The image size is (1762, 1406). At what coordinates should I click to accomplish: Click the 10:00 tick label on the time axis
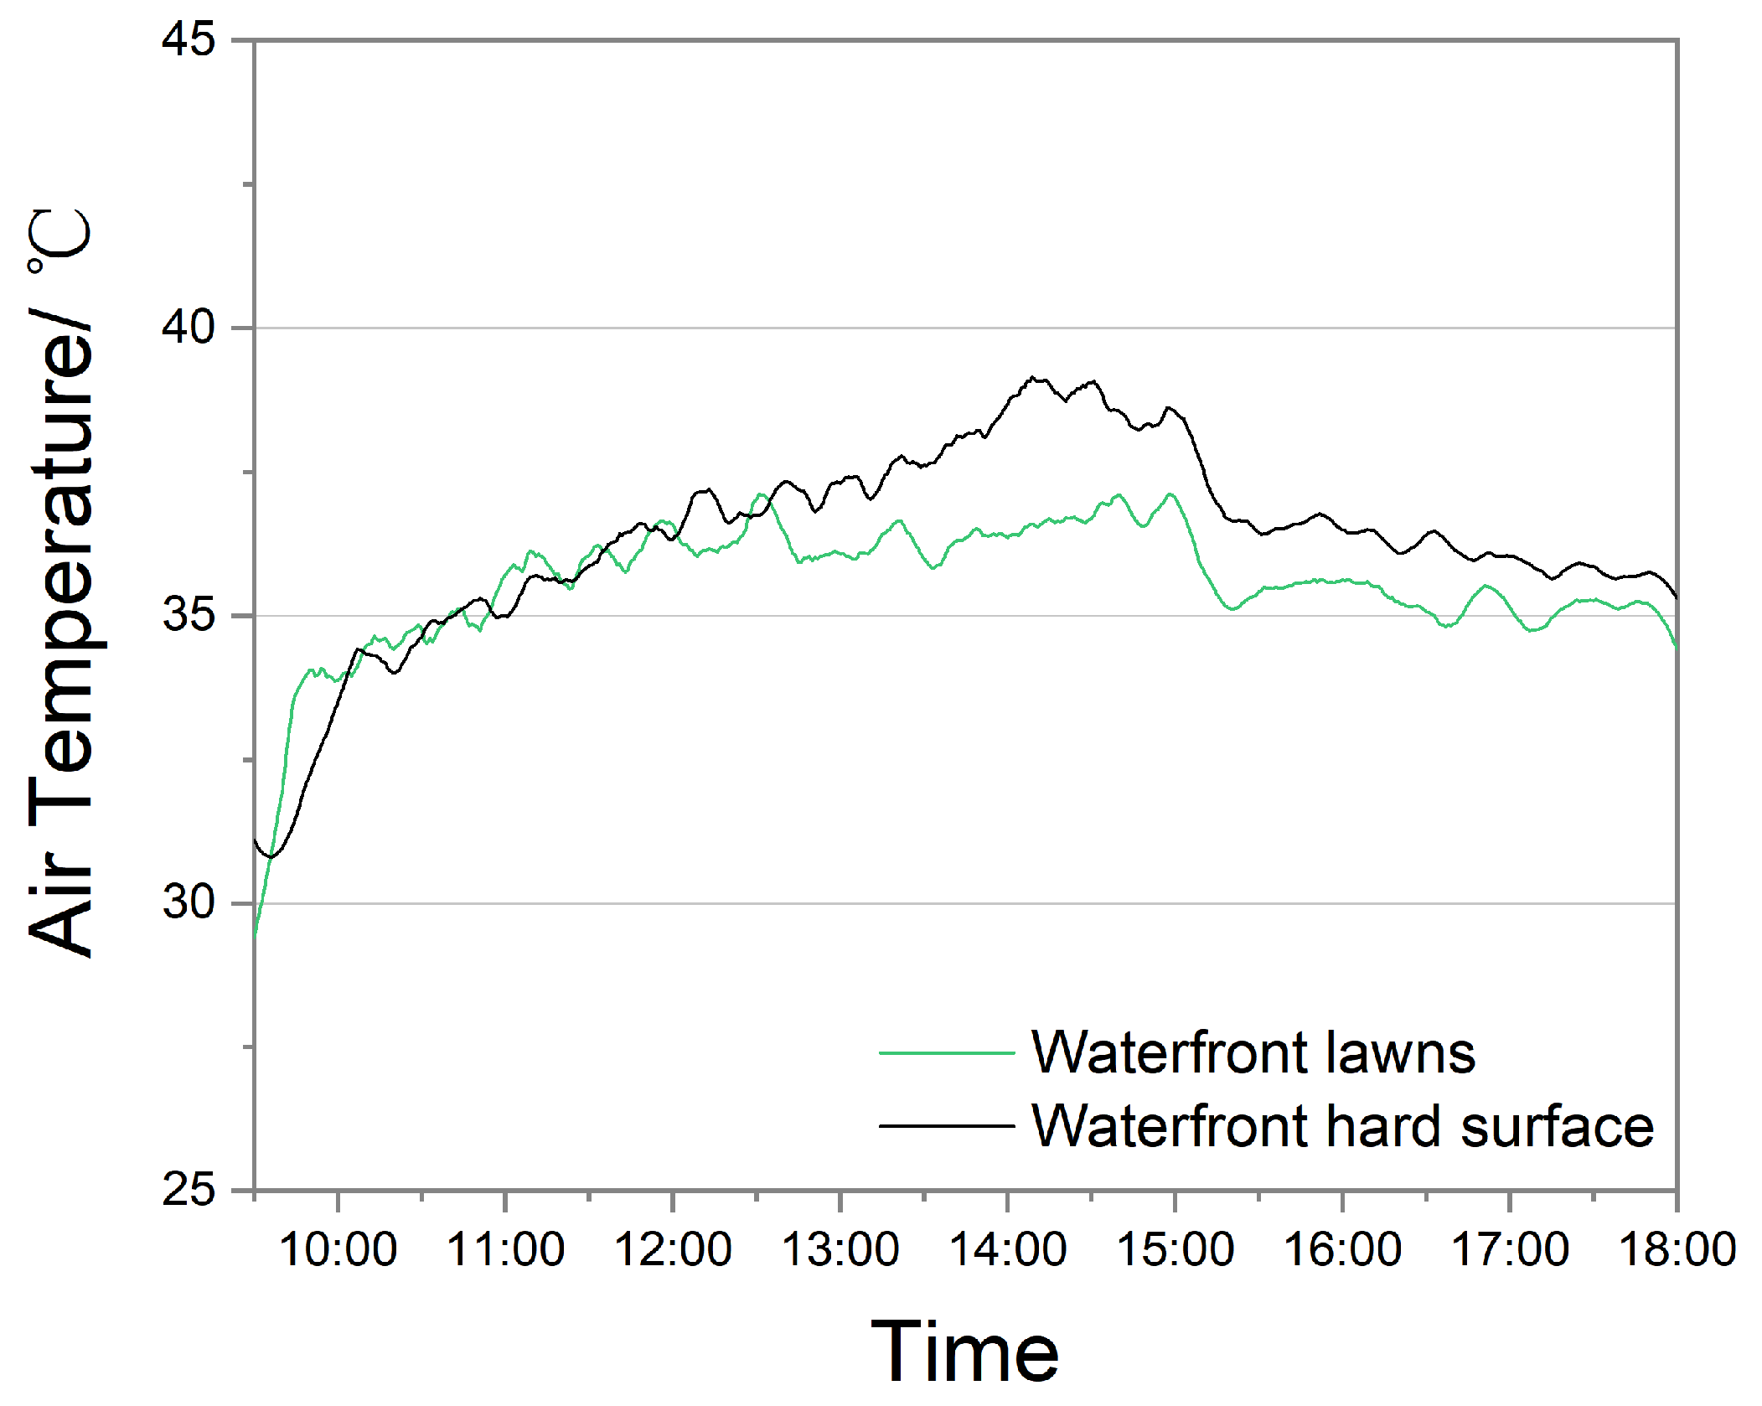(x=338, y=1249)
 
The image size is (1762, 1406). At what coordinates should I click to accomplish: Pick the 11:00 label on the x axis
(x=505, y=1249)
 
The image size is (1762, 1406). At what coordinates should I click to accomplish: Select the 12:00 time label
(x=673, y=1249)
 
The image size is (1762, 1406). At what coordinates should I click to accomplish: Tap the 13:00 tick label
(x=840, y=1249)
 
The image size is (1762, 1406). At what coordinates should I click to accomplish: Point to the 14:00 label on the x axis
(x=1008, y=1249)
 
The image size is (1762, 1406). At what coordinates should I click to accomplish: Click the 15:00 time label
(x=1176, y=1249)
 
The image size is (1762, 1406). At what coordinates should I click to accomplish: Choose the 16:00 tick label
(x=1342, y=1249)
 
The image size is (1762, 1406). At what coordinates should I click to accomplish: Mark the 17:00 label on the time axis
(x=1510, y=1249)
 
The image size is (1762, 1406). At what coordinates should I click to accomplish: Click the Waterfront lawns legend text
(x=1253, y=1052)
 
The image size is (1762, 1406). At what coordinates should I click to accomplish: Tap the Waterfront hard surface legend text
(x=1342, y=1126)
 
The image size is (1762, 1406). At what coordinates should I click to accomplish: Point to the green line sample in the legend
(x=947, y=1053)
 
